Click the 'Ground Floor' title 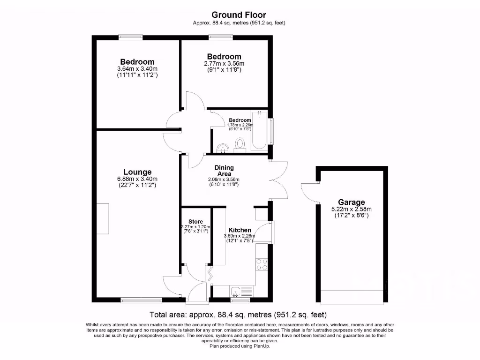240,15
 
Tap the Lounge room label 137,172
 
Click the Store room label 195,221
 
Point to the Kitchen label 240,230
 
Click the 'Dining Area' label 224,171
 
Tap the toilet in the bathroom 241,144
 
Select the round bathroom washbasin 223,148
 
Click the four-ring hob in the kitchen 262,264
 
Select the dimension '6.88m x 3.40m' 137,179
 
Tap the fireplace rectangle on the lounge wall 103,219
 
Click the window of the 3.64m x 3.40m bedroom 130,37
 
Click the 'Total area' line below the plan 238,315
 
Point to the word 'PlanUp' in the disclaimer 262,346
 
